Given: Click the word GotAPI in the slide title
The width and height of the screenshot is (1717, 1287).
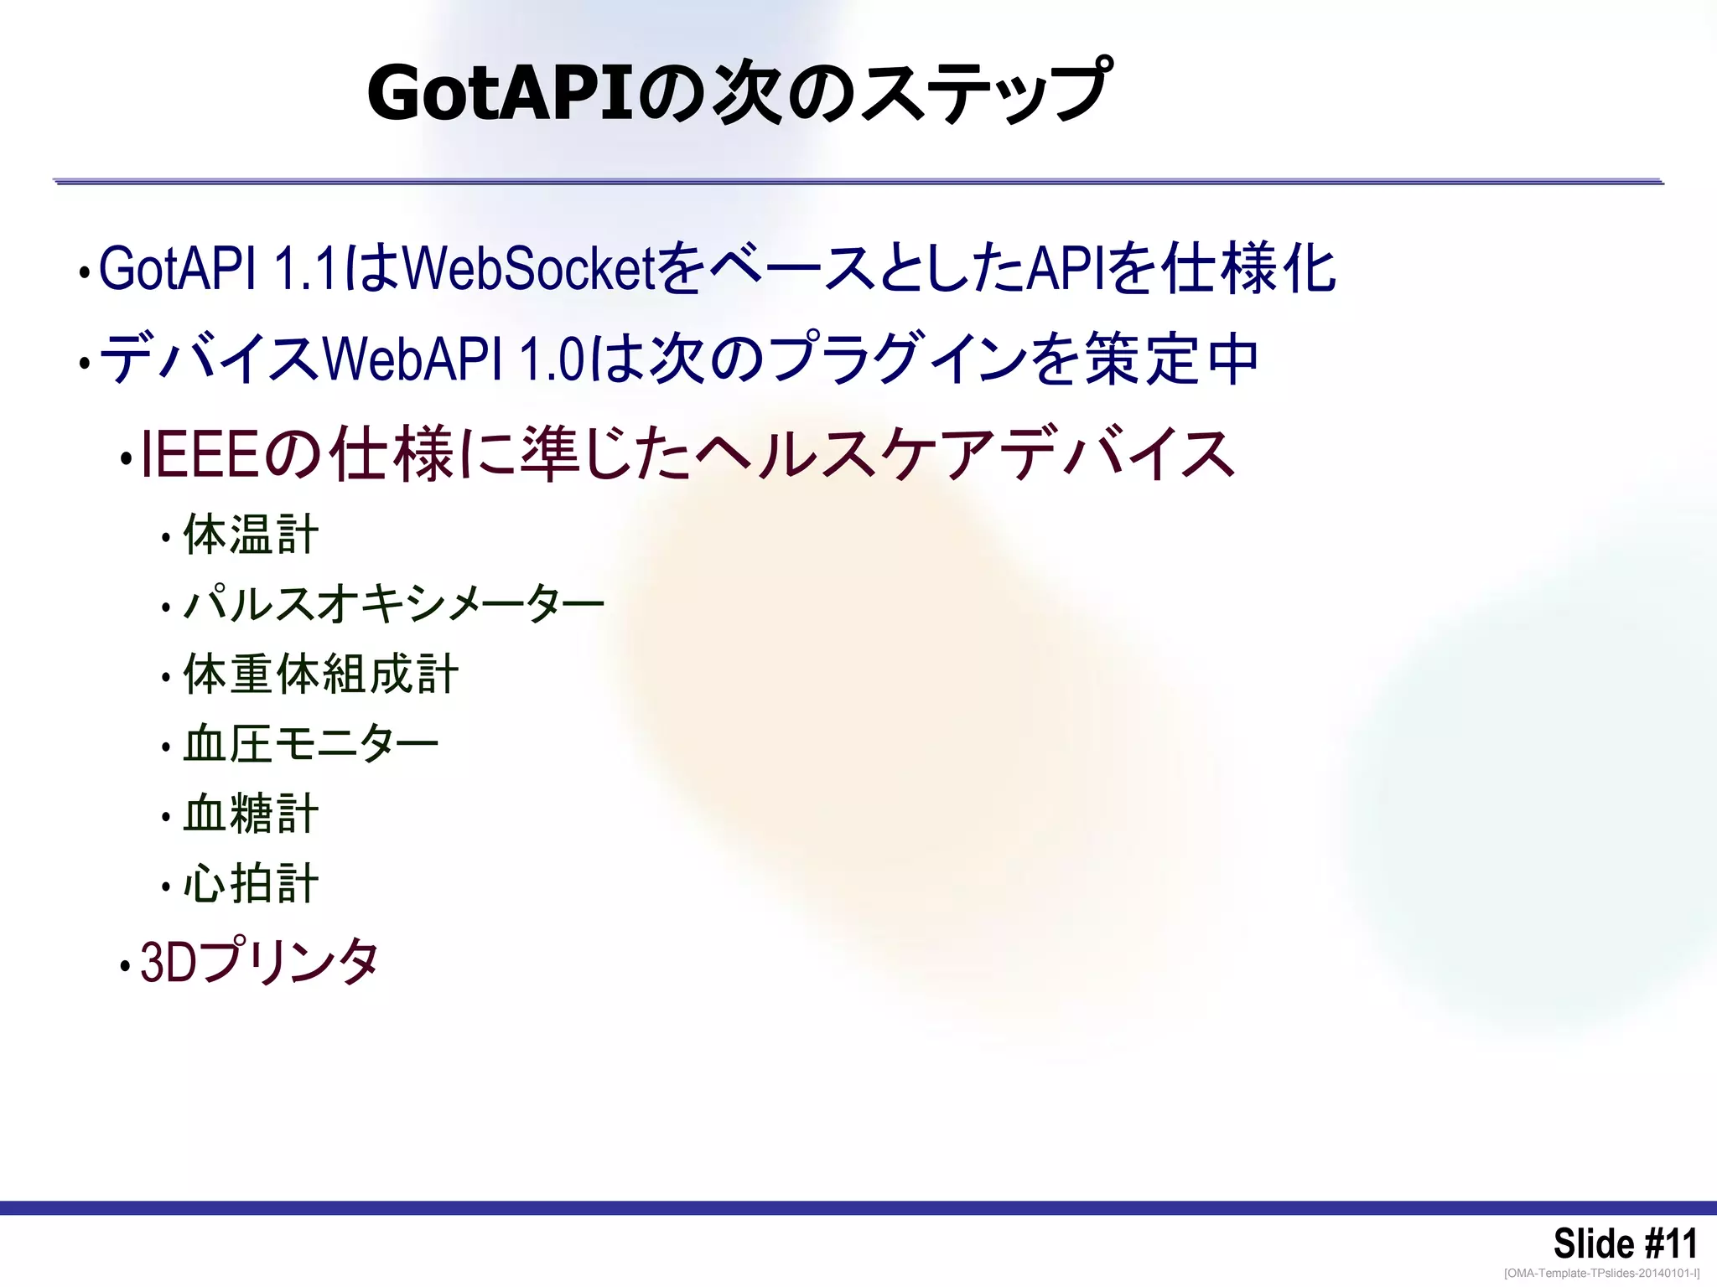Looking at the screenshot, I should [499, 94].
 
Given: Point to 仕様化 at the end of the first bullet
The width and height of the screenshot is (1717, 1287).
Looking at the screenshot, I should [1250, 269].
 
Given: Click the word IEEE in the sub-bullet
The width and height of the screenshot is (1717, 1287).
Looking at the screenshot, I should [200, 455].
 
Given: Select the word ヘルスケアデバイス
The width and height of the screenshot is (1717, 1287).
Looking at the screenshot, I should [964, 455].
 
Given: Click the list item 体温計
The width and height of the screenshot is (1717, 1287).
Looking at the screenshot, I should [251, 535].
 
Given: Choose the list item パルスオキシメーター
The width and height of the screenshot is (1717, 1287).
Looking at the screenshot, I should [394, 604].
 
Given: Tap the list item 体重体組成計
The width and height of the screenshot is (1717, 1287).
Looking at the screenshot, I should [320, 675].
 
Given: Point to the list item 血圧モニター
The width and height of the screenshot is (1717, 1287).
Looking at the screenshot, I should [311, 744].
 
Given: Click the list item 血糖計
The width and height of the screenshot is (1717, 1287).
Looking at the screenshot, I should [251, 814].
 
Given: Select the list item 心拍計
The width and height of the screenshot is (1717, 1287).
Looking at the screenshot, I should [251, 883].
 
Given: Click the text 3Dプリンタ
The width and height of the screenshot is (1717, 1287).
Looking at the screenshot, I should [260, 961].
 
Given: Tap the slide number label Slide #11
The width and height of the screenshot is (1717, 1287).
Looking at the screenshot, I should [1624, 1243].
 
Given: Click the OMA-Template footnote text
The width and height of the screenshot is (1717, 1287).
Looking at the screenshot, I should [1601, 1274].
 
